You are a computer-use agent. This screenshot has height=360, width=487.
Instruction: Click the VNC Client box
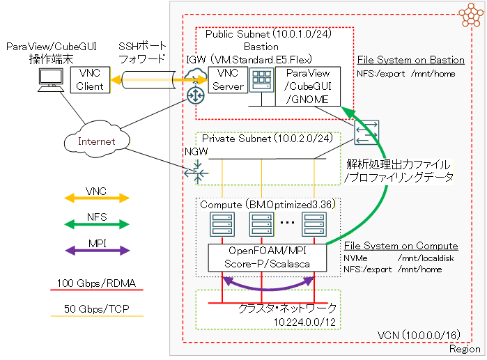91,80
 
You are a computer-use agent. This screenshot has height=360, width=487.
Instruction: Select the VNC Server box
228,79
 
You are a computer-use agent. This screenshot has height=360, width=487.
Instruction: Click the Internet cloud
96,142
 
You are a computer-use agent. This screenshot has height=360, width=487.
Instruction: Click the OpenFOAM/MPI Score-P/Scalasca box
268,258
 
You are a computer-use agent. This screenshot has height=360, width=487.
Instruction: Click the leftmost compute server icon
222,225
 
